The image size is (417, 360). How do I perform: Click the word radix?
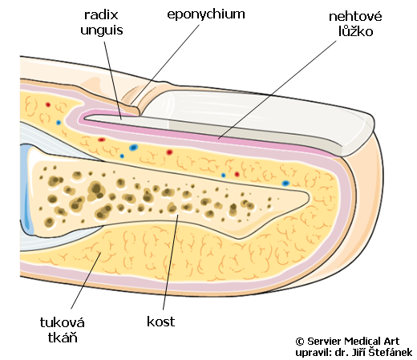click(x=101, y=15)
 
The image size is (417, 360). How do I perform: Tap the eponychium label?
click(x=206, y=14)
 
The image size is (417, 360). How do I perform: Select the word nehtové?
click(x=355, y=16)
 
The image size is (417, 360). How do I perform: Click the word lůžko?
click(x=355, y=31)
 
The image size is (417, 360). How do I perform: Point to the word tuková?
click(x=63, y=322)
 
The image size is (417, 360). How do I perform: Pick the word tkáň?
click(x=63, y=338)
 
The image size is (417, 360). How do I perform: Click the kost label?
click(x=161, y=322)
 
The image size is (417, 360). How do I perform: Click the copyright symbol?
click(x=300, y=342)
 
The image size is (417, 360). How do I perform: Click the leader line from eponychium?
click(x=165, y=65)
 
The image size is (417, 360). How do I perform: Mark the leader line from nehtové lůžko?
click(x=277, y=90)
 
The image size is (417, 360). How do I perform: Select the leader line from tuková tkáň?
click(x=86, y=281)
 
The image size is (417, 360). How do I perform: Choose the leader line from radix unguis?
click(x=113, y=80)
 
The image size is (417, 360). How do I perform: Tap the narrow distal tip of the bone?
click(x=306, y=198)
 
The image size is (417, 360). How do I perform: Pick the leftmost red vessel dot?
click(x=48, y=104)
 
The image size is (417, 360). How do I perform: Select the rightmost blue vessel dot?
click(x=285, y=184)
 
